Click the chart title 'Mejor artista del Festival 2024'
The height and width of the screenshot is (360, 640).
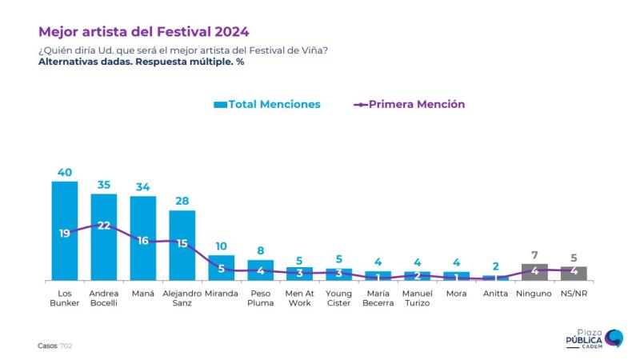click(143, 32)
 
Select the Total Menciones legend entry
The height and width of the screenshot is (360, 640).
click(267, 105)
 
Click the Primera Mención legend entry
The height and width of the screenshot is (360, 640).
click(409, 105)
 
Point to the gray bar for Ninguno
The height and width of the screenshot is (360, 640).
click(534, 273)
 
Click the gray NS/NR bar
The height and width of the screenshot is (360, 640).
click(574, 274)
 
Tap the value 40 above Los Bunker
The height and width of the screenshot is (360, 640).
click(65, 172)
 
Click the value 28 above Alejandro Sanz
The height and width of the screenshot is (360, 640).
click(182, 201)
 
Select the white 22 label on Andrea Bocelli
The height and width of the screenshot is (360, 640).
click(104, 226)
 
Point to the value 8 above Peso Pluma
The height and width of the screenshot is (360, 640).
click(261, 250)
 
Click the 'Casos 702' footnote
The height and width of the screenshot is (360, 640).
click(55, 346)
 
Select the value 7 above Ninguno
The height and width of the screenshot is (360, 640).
click(534, 254)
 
